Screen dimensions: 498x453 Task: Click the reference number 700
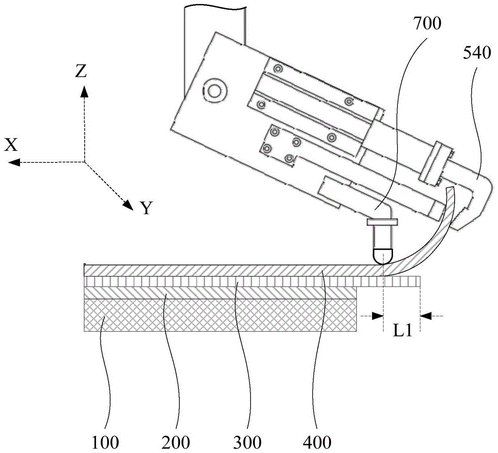427,24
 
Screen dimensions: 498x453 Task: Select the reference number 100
105,442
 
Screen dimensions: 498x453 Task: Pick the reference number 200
176,442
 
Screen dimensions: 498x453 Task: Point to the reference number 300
247,442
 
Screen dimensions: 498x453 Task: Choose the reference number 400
317,442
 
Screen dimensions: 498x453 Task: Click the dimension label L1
403,331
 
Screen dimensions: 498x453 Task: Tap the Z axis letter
81,72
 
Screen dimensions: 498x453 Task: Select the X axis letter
11,146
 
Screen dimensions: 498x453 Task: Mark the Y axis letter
147,208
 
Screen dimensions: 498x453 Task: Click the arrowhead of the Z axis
84,92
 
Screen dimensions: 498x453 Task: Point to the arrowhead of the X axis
14,162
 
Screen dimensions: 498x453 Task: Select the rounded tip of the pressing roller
383,257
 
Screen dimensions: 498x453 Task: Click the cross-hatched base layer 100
221,315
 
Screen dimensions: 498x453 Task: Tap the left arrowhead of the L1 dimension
378,315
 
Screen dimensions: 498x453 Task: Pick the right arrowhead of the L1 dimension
426,315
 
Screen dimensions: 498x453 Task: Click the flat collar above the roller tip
382,222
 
